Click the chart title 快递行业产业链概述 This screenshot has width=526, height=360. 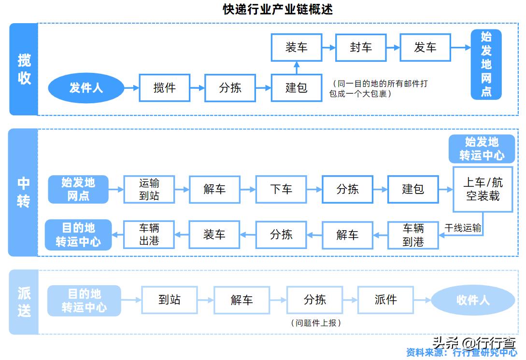pos(278,9)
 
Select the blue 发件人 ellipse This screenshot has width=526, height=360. pos(85,88)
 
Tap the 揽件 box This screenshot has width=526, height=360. pos(164,88)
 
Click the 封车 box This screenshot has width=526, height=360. pos(361,47)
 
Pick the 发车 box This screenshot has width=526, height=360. pos(425,47)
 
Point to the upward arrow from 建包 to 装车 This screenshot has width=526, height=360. pos(297,68)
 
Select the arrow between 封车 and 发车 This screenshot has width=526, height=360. pos(393,47)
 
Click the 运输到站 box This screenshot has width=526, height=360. pos(149,189)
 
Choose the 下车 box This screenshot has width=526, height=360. pos(281,189)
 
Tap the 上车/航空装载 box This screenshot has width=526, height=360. pos(483,189)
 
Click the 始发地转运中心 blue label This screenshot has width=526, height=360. pos(482,149)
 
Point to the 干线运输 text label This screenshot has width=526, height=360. pos(463,228)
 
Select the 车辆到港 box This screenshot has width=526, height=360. pos(413,235)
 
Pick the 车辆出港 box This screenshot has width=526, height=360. pos(149,235)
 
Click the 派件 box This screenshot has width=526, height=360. pos(385,300)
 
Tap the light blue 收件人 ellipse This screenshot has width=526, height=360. pos(472,300)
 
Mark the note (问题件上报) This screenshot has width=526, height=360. pos(316,323)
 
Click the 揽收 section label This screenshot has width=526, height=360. pos(24,69)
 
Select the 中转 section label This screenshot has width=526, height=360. pos(23,192)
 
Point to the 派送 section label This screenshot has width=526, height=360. pos(24,302)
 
